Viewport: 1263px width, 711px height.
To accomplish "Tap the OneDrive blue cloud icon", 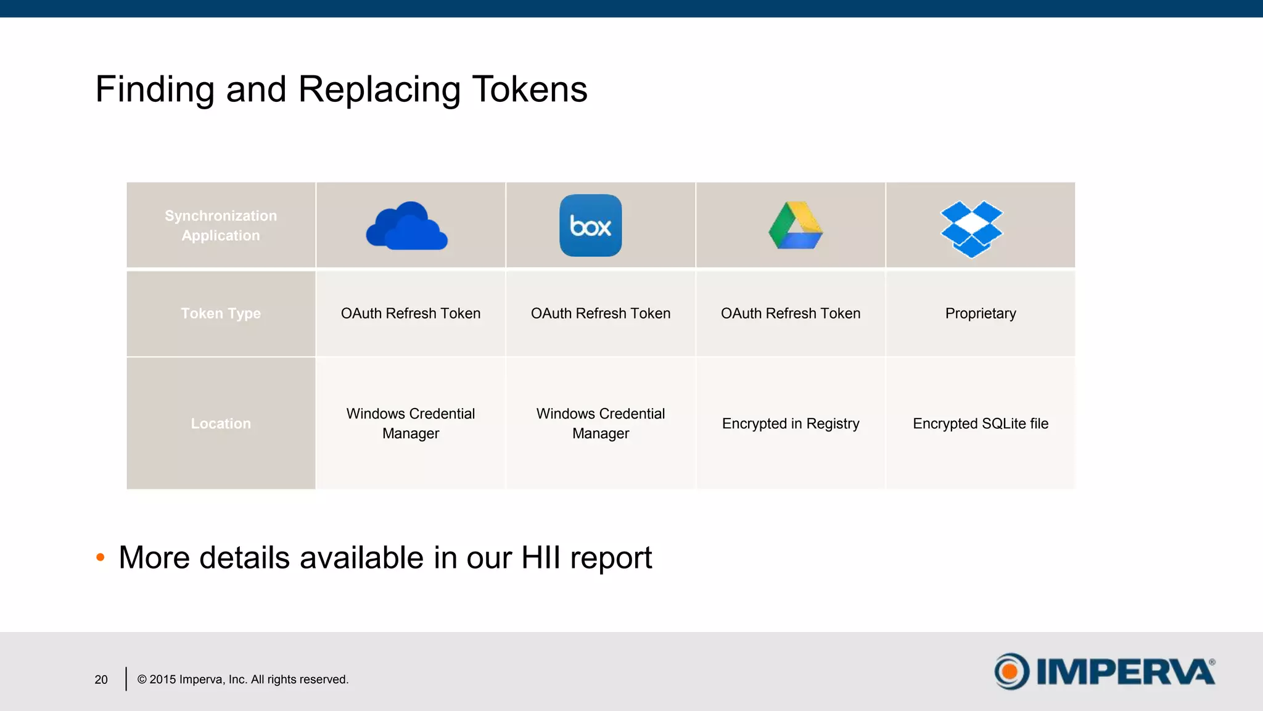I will tap(407, 227).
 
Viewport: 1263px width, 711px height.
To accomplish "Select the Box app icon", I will tap(590, 225).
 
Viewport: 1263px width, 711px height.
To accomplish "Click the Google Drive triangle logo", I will tap(796, 226).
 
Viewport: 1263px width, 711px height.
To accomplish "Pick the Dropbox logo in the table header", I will tap(971, 228).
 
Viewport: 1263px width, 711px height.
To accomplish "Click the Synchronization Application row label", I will tap(221, 226).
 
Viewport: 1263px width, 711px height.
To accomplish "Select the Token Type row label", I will tap(221, 314).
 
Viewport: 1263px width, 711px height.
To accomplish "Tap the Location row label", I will tap(221, 423).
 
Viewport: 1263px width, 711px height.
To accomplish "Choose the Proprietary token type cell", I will tap(981, 314).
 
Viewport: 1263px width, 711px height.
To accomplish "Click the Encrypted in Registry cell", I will tap(791, 423).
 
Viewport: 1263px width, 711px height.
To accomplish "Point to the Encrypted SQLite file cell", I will tap(981, 423).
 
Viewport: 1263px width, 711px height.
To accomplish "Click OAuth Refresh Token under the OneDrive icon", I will tap(411, 314).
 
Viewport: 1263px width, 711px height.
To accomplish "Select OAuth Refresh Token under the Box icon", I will tap(601, 314).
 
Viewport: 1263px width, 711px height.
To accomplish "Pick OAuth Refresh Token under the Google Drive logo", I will tap(791, 314).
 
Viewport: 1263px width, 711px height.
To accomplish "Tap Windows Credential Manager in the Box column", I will tap(601, 423).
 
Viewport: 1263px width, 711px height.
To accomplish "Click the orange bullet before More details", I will tap(101, 557).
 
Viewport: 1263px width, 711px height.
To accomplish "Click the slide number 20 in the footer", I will tap(101, 680).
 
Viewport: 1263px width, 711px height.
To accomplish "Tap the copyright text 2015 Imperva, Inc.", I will tap(242, 680).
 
